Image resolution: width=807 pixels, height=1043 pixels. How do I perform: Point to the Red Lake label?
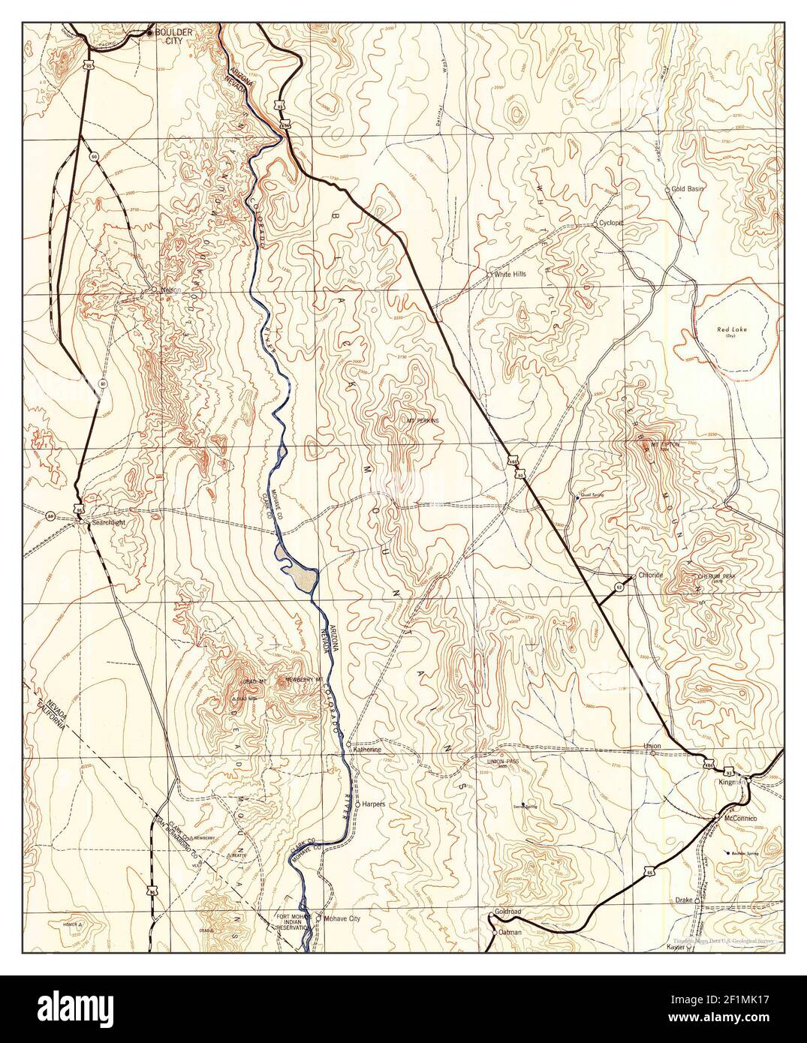[x=727, y=331]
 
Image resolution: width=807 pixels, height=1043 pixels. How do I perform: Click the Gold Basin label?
[x=688, y=189]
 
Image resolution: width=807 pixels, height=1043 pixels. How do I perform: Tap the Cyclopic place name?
[x=612, y=224]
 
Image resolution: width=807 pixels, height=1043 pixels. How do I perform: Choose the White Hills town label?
[x=510, y=275]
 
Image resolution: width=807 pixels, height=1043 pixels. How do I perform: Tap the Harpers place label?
[x=374, y=804]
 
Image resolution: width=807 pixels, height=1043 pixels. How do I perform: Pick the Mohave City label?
[x=343, y=918]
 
